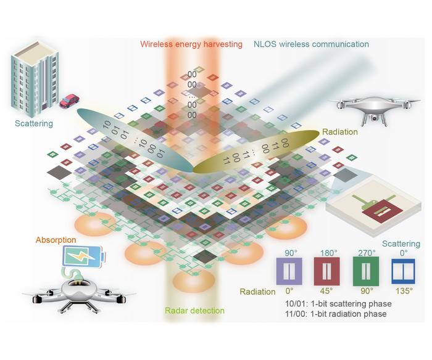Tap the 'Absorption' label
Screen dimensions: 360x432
click(56, 239)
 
